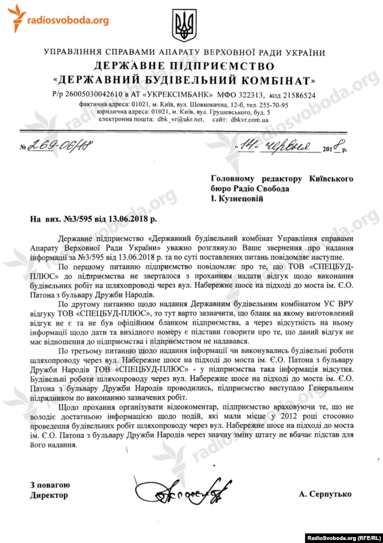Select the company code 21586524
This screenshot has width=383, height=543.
(297, 94)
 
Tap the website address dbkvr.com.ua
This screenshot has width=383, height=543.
(250, 119)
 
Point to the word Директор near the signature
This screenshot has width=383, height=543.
(49, 495)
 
